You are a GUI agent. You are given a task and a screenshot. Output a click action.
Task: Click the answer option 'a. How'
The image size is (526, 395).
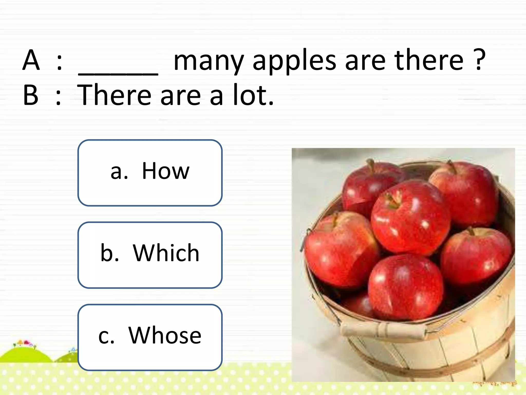point(150,173)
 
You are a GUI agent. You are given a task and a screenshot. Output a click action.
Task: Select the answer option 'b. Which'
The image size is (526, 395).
point(150,255)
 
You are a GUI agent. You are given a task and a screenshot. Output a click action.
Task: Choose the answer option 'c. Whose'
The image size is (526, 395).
point(150,337)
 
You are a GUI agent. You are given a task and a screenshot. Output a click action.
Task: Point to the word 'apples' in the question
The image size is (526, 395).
point(294,62)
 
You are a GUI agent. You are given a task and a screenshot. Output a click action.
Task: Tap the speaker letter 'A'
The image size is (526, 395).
point(31,60)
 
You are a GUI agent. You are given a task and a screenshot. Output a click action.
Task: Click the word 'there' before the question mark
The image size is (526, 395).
point(429,60)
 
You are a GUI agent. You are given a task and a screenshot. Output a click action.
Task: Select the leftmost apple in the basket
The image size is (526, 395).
point(340,249)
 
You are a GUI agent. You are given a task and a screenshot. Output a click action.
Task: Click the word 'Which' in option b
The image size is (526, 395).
point(166,253)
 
